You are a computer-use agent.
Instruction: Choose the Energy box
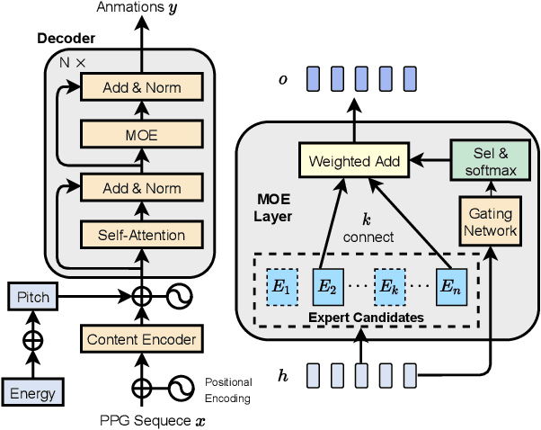33,392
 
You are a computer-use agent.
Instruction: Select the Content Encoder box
140,339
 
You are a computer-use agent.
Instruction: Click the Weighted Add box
351,162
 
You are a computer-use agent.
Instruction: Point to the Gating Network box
491,223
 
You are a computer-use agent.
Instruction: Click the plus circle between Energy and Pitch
33,341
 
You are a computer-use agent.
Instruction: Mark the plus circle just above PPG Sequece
141,388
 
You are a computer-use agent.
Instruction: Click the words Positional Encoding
229,390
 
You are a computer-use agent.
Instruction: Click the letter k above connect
366,220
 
